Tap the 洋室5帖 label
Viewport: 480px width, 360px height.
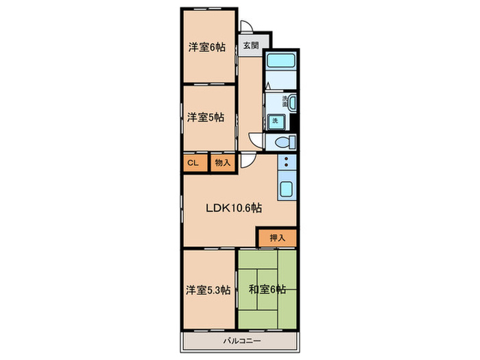(206, 117)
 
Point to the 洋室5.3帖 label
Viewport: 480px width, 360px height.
(208, 290)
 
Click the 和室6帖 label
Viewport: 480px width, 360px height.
(267, 290)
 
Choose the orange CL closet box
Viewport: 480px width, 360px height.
(194, 163)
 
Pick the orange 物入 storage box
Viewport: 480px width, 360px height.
(222, 163)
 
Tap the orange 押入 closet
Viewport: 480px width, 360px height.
(277, 237)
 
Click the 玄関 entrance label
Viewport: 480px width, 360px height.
(250, 46)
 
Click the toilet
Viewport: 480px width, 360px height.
(285, 143)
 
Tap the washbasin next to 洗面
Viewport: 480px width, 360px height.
(292, 104)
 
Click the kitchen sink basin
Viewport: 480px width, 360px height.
(286, 189)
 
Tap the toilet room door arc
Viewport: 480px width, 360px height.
(256, 138)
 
